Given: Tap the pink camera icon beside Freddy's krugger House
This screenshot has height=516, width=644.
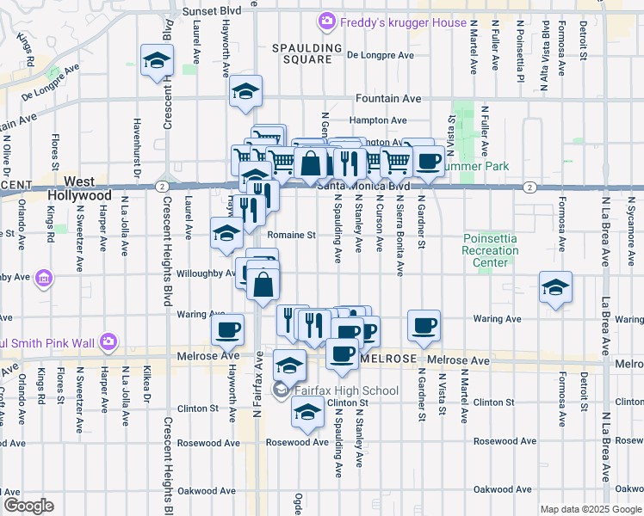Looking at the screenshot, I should [325, 21].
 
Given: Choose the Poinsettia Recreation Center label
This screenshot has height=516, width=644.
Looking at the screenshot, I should [490, 249].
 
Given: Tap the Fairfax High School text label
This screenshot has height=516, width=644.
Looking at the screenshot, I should [347, 391].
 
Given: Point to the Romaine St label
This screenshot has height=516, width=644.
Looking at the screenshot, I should [292, 234].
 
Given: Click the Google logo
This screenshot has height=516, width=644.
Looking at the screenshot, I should [28, 506].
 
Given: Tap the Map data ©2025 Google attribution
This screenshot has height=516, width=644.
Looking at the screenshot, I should [590, 509].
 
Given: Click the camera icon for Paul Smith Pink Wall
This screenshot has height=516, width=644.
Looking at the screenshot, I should [108, 342].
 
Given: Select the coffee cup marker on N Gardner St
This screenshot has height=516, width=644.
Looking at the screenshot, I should [424, 325].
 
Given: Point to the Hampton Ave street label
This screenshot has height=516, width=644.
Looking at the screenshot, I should [378, 120].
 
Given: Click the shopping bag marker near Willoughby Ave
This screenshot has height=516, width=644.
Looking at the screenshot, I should [263, 283].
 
